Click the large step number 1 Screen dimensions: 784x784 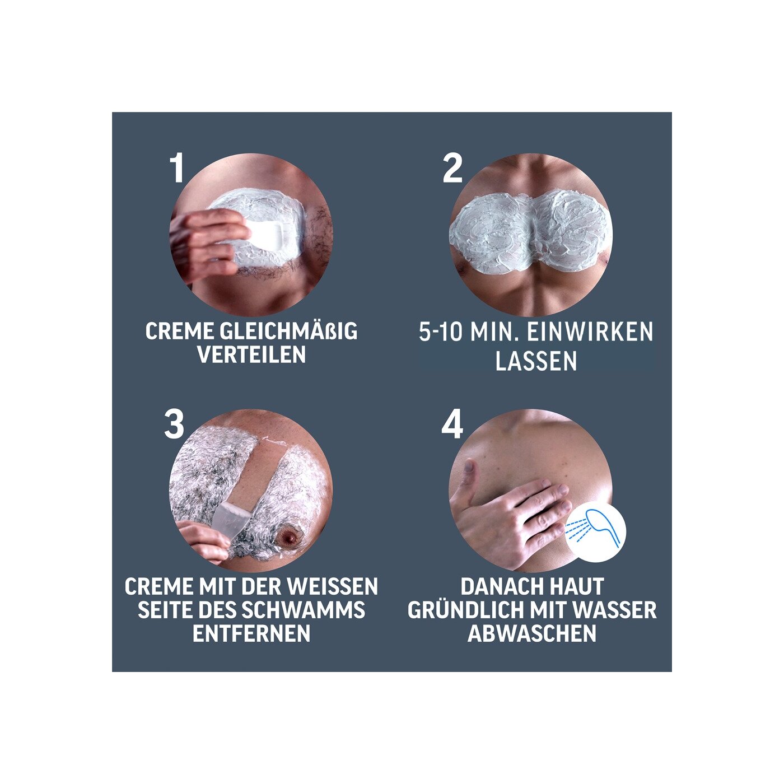point(176,167)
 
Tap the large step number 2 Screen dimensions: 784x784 point(452,167)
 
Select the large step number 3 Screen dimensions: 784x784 point(174,424)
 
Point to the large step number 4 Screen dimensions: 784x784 point(452,424)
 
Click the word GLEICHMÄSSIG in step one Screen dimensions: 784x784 point(288,331)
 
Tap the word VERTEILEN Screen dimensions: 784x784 point(251,355)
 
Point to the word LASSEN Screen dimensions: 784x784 point(536,361)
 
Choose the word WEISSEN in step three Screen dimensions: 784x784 point(333,586)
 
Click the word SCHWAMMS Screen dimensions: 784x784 point(304,610)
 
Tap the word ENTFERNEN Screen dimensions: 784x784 point(251,633)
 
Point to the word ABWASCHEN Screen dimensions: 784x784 point(532,633)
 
